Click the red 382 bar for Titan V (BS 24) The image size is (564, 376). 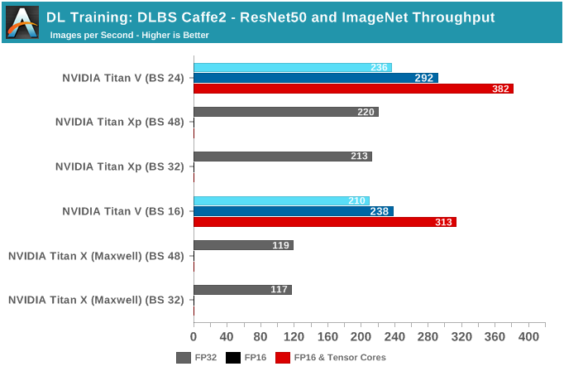(x=353, y=89)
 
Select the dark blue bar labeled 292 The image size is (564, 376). (x=316, y=78)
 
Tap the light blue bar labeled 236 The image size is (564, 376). (x=292, y=67)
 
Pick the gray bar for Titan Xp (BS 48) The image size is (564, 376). (x=285, y=112)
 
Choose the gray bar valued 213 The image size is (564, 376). (x=282, y=156)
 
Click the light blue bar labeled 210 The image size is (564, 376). (x=281, y=200)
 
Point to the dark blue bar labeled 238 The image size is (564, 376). (x=293, y=211)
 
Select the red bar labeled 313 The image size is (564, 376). (x=324, y=222)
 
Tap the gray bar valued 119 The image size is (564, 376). (x=243, y=245)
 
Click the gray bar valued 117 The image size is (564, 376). (x=242, y=290)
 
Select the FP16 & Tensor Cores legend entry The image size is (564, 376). (x=331, y=358)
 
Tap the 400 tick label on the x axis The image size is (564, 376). (x=528, y=337)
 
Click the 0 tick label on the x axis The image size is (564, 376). (x=194, y=337)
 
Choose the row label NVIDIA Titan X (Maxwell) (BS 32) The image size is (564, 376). (x=96, y=300)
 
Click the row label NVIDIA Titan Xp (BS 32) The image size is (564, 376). (x=120, y=166)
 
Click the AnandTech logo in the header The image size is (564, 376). (x=22, y=22)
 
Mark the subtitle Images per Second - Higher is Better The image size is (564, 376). (x=129, y=36)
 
